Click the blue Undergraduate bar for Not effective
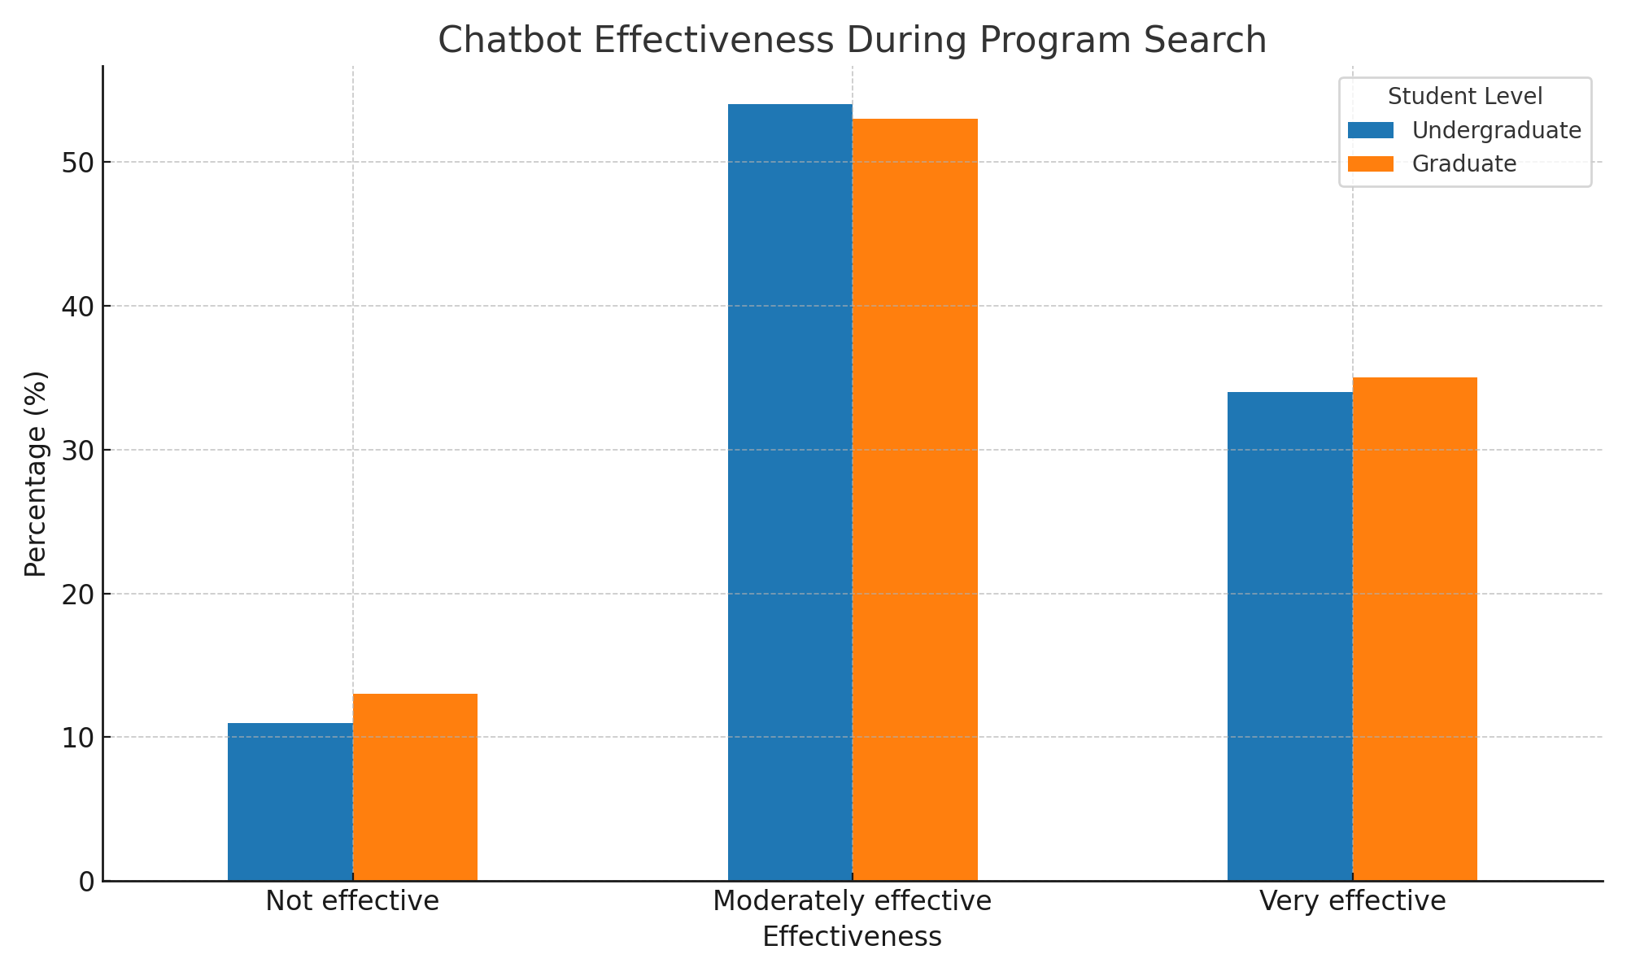tap(290, 801)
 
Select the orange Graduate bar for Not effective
tap(415, 786)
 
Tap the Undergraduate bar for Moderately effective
tap(790, 492)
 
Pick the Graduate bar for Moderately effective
tap(915, 499)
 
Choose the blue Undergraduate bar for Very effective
tap(1289, 636)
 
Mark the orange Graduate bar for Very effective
tap(1415, 629)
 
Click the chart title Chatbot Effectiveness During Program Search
tap(852, 40)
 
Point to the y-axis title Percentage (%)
tap(36, 473)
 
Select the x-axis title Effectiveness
tap(852, 937)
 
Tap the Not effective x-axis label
tap(352, 901)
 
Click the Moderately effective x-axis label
tap(852, 901)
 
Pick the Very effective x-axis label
tap(1352, 901)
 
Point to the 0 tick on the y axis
tap(86, 882)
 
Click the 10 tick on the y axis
tap(78, 738)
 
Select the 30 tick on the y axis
tap(78, 451)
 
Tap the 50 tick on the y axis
tap(78, 163)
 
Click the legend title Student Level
tap(1465, 97)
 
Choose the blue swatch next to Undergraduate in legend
tap(1371, 130)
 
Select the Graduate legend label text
tap(1464, 163)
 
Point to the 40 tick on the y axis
tap(78, 307)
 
